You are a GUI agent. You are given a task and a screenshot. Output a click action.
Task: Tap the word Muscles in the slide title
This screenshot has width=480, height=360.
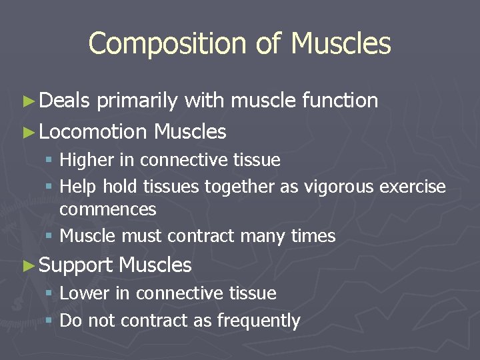pyautogui.click(x=341, y=44)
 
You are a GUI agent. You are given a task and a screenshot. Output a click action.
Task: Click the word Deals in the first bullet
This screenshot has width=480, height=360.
pyautogui.click(x=64, y=101)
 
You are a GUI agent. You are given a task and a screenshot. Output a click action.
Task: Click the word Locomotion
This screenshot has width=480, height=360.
pyautogui.click(x=93, y=132)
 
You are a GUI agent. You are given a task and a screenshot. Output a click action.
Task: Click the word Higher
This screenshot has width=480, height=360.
pyautogui.click(x=89, y=160)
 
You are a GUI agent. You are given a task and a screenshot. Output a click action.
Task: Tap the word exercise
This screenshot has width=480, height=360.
pyautogui.click(x=413, y=187)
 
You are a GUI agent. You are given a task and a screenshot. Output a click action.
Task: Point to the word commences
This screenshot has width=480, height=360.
pyautogui.click(x=107, y=209)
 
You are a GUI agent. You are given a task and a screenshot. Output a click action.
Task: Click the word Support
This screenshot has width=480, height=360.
pyautogui.click(x=76, y=265)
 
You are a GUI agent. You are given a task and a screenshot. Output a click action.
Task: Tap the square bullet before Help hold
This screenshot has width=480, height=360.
pyautogui.click(x=51, y=187)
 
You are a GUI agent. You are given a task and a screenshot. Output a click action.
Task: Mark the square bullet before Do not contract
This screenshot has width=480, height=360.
pyautogui.click(x=51, y=321)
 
